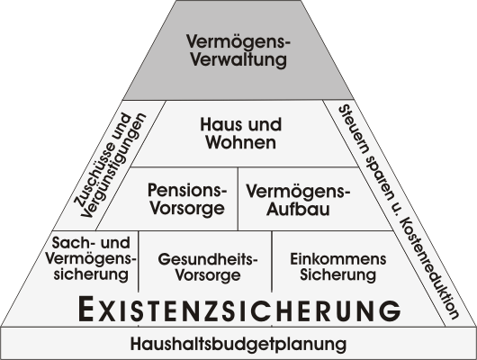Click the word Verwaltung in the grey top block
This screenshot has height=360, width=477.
pos(238,59)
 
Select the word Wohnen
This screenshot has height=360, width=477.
pos(241,142)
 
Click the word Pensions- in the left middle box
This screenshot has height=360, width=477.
pos(187,190)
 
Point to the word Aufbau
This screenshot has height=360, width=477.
pos(298,209)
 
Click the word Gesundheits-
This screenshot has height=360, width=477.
pos(208,259)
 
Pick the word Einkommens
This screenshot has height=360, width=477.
pos(338,259)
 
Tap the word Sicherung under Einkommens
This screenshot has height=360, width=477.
pos(338,274)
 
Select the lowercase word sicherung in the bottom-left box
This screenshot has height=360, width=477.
pos(91,274)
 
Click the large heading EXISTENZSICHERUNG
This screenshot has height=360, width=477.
pos(239,310)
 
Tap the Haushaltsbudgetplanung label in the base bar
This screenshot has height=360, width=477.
pos(238,344)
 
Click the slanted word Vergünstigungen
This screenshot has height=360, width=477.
pos(114,166)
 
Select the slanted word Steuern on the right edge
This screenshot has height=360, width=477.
pos(355,130)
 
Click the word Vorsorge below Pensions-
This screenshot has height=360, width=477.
pos(187,208)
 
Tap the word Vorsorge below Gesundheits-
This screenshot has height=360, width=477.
pos(208,274)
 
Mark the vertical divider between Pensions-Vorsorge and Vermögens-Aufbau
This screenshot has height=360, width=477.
pos(238,198)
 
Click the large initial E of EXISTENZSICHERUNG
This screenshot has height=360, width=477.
pos(85,309)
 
